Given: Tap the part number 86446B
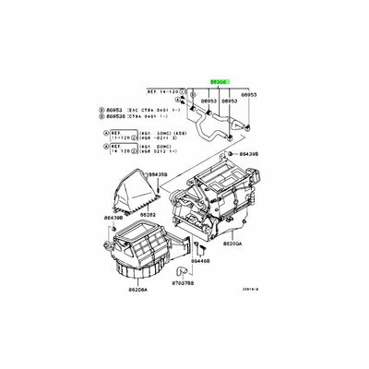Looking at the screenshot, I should coord(201,261).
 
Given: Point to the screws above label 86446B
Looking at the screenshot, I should coord(200,247).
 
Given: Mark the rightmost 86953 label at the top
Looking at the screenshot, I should coord(250,93).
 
